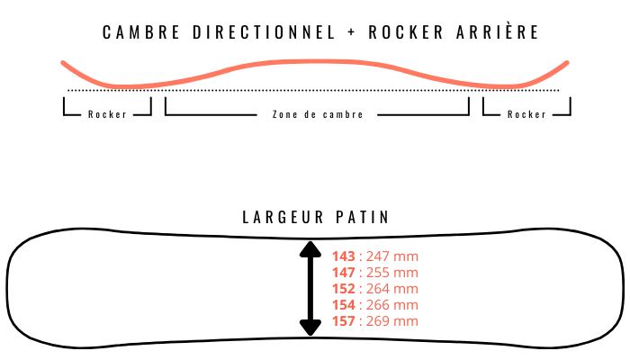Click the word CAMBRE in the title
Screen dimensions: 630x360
[141, 32]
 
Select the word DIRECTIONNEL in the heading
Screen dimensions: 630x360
[264, 32]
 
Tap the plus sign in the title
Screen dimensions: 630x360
[352, 32]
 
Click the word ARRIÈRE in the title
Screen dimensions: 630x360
[498, 31]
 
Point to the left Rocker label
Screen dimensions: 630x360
[107, 114]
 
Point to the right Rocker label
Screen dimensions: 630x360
[526, 114]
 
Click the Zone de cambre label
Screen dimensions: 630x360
[318, 114]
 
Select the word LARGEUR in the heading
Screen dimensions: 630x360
[283, 217]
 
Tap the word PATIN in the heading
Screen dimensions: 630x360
[363, 217]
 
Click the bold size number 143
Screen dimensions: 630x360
[344, 256]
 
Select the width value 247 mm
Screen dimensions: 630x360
[392, 256]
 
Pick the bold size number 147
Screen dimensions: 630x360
[344, 273]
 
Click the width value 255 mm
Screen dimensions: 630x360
[392, 273]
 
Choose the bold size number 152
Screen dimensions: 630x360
[344, 289]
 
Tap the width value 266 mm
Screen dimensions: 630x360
[392, 304]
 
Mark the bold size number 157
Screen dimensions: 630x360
[344, 321]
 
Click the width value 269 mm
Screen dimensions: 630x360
[392, 321]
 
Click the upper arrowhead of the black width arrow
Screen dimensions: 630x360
[310, 249]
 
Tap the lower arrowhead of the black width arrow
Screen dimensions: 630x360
[310, 328]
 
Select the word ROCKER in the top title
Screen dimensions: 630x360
[406, 32]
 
